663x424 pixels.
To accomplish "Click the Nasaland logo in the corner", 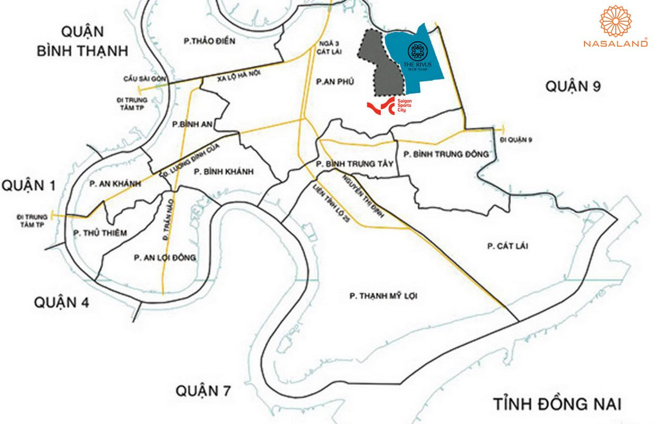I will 615,26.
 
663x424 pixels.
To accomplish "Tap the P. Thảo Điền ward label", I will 208,41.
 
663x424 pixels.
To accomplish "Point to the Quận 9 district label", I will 573,86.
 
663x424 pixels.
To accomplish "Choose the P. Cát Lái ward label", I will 508,246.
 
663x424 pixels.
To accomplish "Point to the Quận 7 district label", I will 204,391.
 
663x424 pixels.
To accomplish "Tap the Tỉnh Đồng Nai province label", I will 557,404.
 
